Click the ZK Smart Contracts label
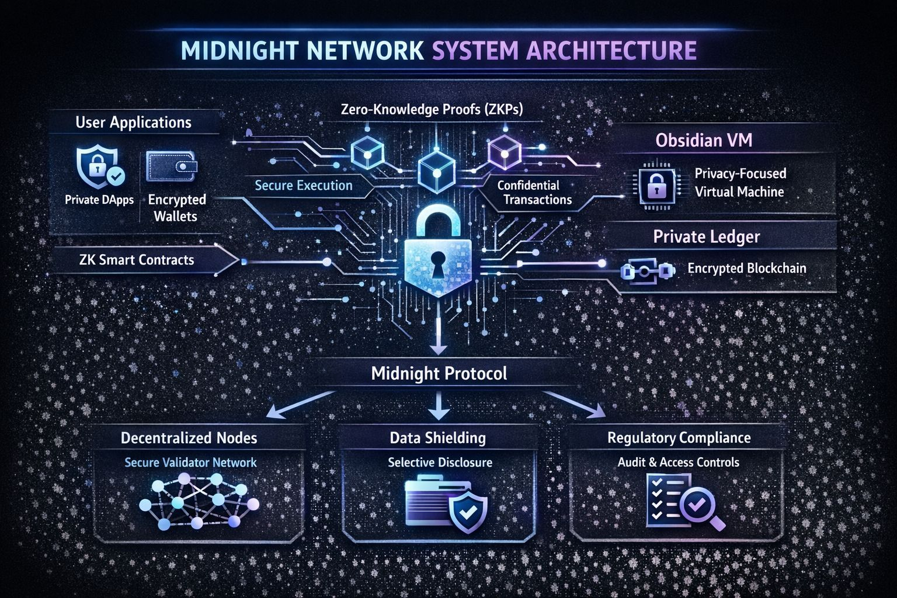pyautogui.click(x=137, y=260)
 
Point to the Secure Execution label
pyautogui.click(x=304, y=186)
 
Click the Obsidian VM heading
pyautogui.click(x=704, y=140)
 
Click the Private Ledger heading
pyautogui.click(x=706, y=237)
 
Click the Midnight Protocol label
pyautogui.click(x=439, y=373)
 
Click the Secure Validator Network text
pyautogui.click(x=190, y=463)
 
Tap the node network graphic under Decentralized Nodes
pyautogui.click(x=199, y=500)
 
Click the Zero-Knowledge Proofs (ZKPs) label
pyautogui.click(x=432, y=109)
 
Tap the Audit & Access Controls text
pyautogui.click(x=679, y=463)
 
